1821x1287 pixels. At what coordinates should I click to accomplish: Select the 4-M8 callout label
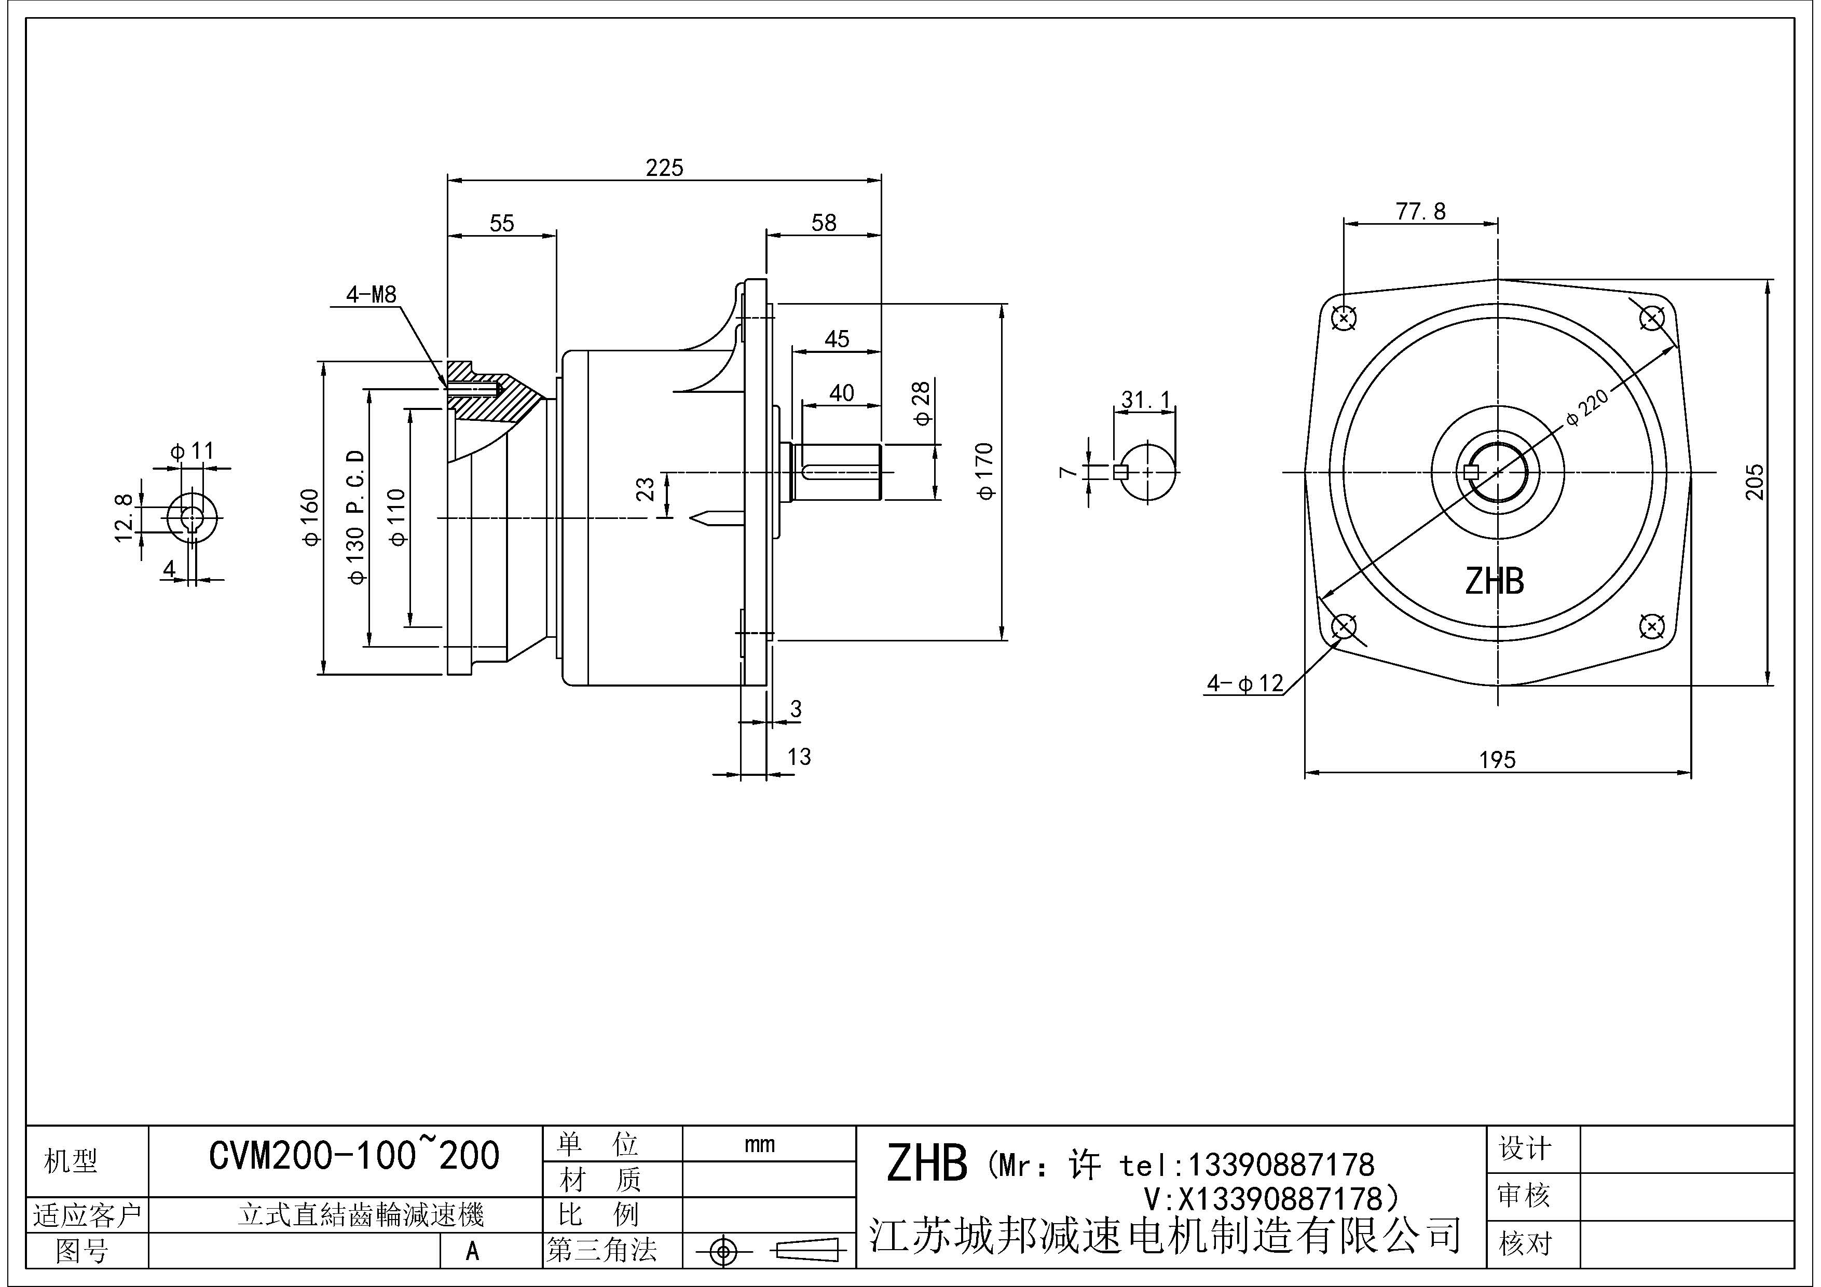click(371, 295)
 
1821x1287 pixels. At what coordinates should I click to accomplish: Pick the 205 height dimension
click(1755, 482)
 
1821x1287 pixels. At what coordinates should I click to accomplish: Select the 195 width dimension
click(1497, 760)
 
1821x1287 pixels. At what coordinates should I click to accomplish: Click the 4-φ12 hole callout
click(1244, 683)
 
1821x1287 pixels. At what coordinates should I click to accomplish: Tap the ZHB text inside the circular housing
click(1494, 581)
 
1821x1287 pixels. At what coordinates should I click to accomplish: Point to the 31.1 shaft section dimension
click(1145, 401)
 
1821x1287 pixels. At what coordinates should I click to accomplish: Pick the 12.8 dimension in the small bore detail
click(123, 518)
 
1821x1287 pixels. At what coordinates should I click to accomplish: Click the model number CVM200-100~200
click(354, 1156)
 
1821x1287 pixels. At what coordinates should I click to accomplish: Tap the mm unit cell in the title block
click(759, 1144)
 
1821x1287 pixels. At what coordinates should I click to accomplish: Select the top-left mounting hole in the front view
click(1344, 319)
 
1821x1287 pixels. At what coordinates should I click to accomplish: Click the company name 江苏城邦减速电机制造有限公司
click(1165, 1234)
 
